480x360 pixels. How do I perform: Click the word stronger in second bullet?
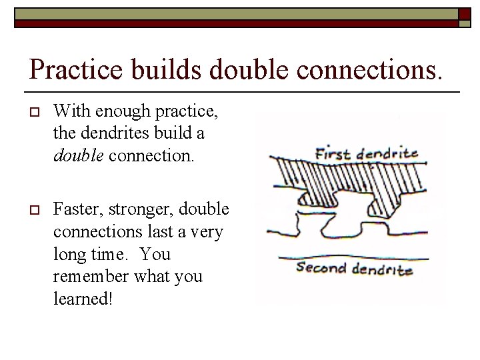point(129,209)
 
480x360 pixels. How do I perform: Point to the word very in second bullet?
point(209,231)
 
